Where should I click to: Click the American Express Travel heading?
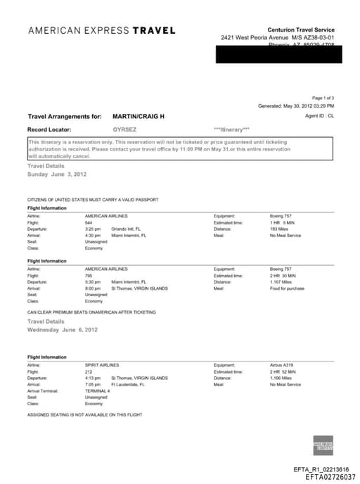pyautogui.click(x=102, y=30)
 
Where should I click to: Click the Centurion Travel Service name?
pyautogui.click(x=301, y=29)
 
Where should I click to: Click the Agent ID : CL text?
pyautogui.click(x=320, y=115)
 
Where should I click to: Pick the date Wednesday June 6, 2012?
pyautogui.click(x=63, y=329)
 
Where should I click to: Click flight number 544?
pyautogui.click(x=89, y=222)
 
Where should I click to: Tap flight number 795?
pyautogui.click(x=89, y=275)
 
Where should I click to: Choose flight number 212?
pyautogui.click(x=89, y=371)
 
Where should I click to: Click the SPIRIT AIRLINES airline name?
pyautogui.click(x=102, y=365)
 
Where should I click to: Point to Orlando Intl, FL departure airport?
pyautogui.click(x=127, y=229)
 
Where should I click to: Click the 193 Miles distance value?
pyautogui.click(x=279, y=229)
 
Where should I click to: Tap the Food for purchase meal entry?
pyautogui.click(x=286, y=288)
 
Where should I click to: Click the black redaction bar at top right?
pyautogui.click(x=278, y=53)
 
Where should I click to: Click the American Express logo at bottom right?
pyautogui.click(x=323, y=445)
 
